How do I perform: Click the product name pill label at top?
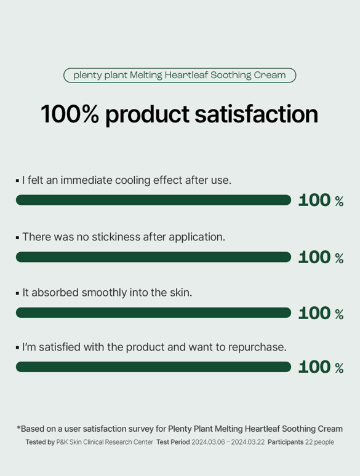180,75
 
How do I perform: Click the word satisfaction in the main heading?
256,114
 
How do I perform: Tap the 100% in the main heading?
70,114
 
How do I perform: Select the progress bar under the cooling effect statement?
153,200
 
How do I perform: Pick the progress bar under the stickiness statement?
153,257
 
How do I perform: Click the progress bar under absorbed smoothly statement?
153,312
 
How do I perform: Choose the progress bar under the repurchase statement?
153,367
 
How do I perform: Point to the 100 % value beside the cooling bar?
321,200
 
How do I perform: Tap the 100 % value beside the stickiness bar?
321,258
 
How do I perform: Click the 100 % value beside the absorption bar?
321,313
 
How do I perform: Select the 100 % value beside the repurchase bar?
321,367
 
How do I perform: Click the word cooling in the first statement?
133,181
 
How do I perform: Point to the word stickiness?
116,237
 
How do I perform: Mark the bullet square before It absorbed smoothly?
17,293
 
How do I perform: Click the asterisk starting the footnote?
18,427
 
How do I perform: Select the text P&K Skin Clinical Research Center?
105,442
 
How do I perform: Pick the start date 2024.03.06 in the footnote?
209,442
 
